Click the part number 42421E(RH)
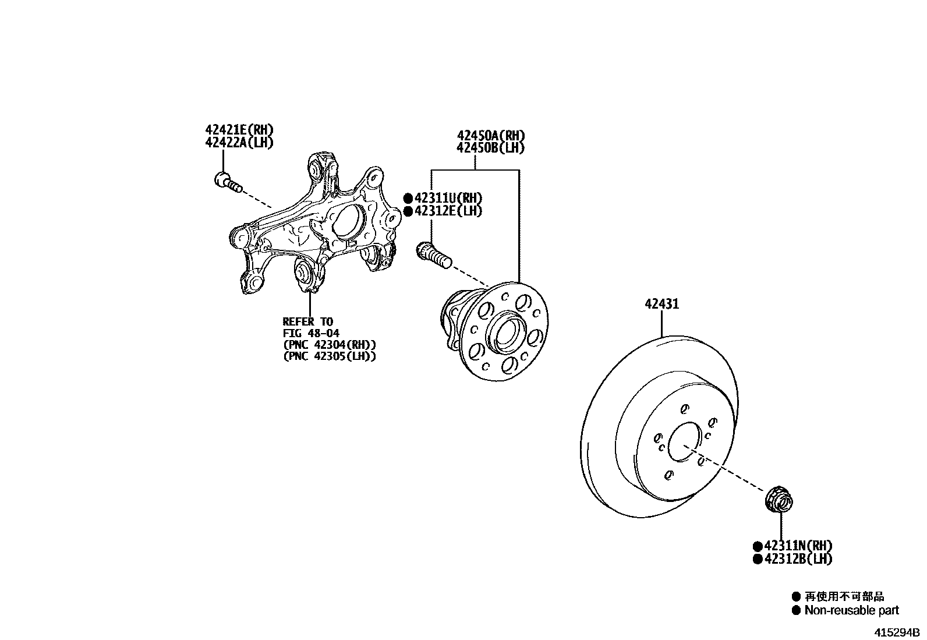239,129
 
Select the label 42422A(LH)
239,142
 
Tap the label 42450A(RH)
490,135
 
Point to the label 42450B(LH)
490,148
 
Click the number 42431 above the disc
661,304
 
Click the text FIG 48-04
311,333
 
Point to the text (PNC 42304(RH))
329,345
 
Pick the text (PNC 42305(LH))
329,356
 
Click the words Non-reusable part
851,610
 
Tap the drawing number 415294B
895,632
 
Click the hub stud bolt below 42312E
433,255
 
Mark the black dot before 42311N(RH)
758,546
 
